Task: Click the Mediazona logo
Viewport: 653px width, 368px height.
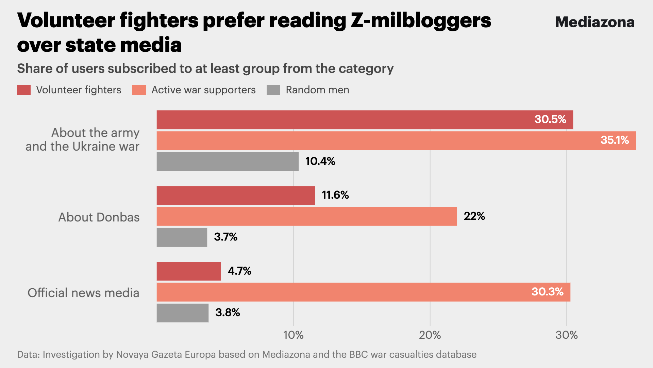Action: [x=595, y=22]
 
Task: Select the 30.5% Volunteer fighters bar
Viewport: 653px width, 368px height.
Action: [x=365, y=120]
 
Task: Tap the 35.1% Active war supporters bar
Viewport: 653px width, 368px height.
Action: [x=396, y=141]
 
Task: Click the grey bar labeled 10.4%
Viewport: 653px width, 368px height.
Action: [x=228, y=162]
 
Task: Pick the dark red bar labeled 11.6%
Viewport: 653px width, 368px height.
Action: [x=236, y=196]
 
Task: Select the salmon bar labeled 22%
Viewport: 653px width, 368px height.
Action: [x=307, y=216]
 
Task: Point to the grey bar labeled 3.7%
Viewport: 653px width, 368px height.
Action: [x=182, y=237]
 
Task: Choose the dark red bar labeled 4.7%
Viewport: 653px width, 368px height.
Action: [x=189, y=271]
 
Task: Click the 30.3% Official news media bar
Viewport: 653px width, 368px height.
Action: [x=363, y=292]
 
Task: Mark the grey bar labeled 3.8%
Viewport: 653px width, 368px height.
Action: [x=183, y=313]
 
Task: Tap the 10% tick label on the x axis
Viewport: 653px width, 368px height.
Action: [x=293, y=335]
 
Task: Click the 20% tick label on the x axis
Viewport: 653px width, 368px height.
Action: [x=430, y=335]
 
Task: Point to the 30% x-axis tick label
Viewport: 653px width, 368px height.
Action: [x=566, y=335]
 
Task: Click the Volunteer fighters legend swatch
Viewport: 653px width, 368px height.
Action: [x=24, y=90]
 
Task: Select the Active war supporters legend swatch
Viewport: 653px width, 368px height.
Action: [x=139, y=90]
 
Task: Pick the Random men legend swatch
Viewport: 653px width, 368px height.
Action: [x=273, y=90]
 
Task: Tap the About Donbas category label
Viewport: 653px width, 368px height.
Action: [x=99, y=217]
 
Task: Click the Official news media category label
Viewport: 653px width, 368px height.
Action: [x=83, y=293]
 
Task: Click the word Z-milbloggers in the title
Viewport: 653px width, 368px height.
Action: [x=421, y=20]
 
